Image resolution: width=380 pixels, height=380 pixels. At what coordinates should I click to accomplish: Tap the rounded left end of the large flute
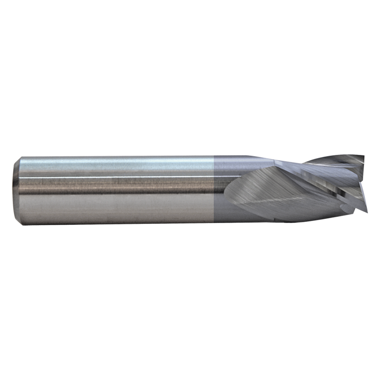228,190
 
